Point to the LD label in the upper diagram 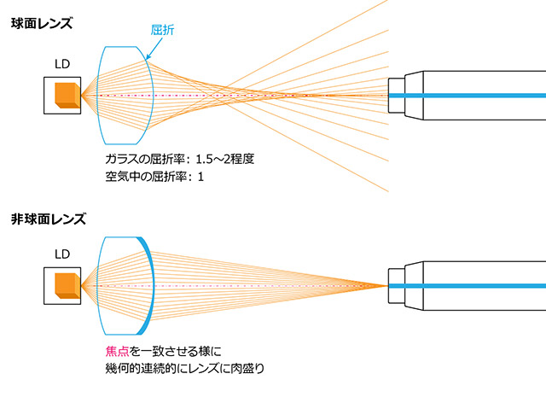(x=62, y=64)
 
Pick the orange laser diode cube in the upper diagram (x=66, y=95)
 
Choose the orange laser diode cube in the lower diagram (x=66, y=285)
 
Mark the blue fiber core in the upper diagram (x=478, y=94)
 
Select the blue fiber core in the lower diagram (x=478, y=284)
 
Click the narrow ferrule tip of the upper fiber (x=396, y=94)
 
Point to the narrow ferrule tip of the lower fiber (x=396, y=284)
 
